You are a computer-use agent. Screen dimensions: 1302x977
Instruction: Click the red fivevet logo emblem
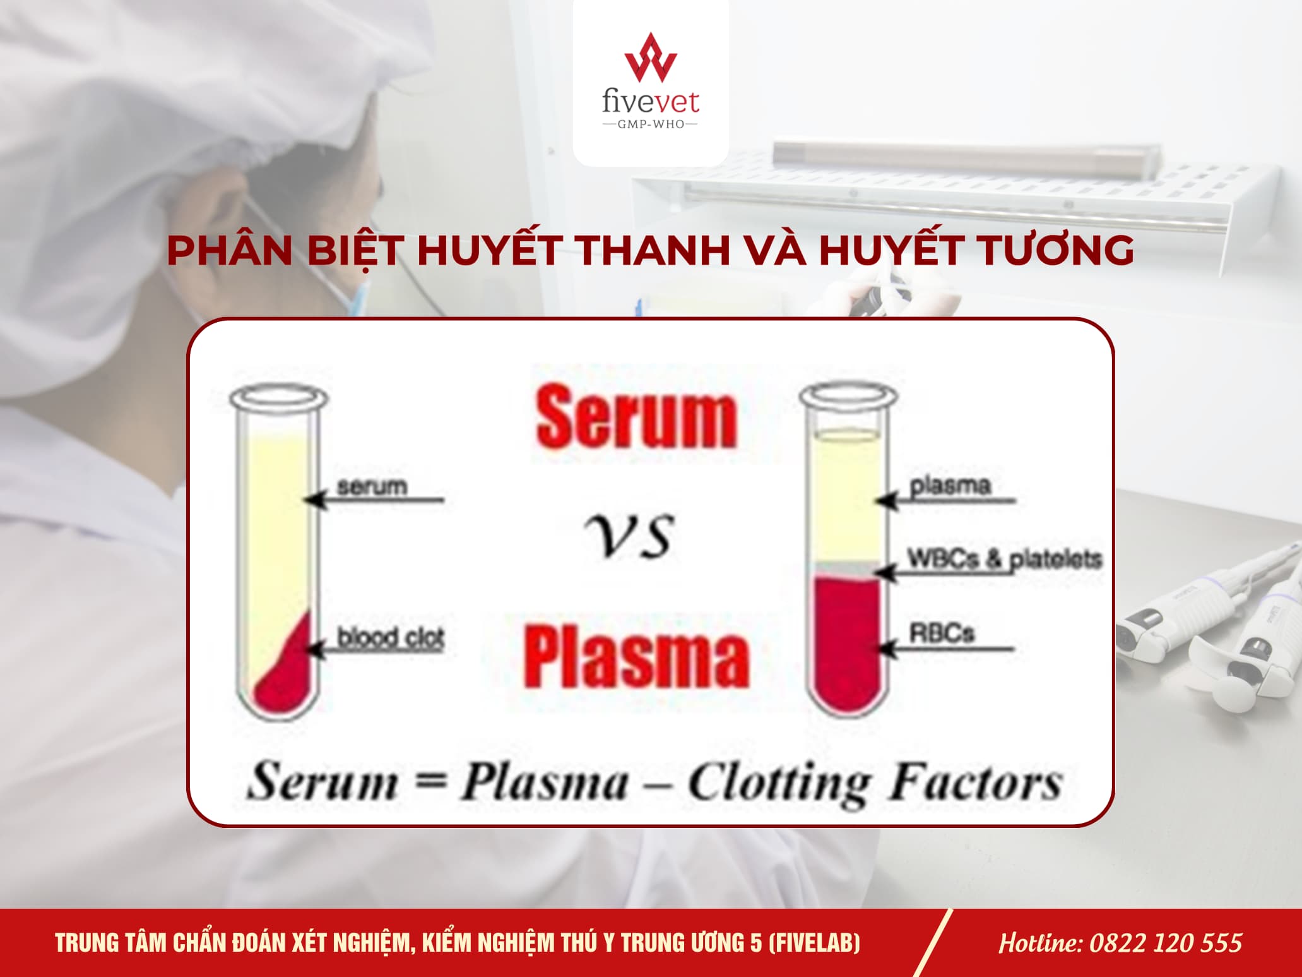650,57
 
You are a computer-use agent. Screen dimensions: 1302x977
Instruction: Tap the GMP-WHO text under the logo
650,124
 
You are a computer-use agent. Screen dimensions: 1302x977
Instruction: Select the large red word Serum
636,418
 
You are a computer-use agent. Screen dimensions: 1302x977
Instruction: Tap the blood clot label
391,637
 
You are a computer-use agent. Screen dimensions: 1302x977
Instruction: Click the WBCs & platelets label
1004,559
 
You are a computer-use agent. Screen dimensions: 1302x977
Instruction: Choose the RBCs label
942,633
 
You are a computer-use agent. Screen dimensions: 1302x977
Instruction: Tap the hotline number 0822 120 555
1166,943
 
